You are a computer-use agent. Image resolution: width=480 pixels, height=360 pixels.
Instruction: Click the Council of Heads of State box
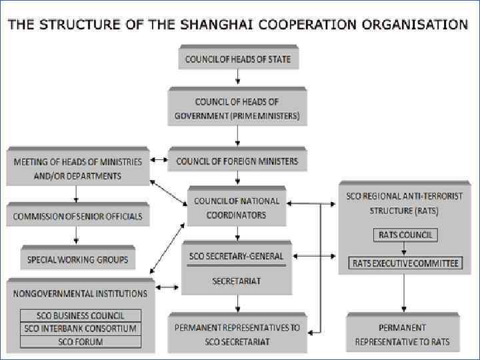pyautogui.click(x=237, y=59)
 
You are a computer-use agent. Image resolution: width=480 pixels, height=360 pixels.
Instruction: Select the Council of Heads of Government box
pyautogui.click(x=237, y=109)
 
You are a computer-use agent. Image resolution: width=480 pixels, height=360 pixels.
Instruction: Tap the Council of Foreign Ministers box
pyautogui.click(x=237, y=161)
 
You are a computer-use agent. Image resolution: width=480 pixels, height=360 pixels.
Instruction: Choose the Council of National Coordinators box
pyautogui.click(x=237, y=207)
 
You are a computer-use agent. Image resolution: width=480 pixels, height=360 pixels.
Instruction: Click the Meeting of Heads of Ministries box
pyautogui.click(x=77, y=168)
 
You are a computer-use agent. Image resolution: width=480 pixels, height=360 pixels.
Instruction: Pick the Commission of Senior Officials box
pyautogui.click(x=77, y=216)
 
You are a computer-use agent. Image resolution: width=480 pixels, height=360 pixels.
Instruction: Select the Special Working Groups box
pyautogui.click(x=77, y=259)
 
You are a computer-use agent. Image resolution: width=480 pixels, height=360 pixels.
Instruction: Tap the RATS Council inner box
pyautogui.click(x=405, y=235)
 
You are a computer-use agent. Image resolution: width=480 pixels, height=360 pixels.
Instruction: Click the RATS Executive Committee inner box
pyautogui.click(x=405, y=263)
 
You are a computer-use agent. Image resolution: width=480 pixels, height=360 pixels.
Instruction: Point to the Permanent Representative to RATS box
pyautogui.click(x=402, y=335)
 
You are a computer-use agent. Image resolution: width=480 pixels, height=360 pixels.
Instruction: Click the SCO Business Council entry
pyautogui.click(x=80, y=315)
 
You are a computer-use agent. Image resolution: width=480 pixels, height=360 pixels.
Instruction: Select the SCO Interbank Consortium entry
pyautogui.click(x=80, y=328)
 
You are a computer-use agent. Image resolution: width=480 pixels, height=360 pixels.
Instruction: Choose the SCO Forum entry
pyautogui.click(x=80, y=341)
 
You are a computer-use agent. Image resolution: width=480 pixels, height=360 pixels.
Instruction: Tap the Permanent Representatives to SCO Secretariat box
pyautogui.click(x=237, y=335)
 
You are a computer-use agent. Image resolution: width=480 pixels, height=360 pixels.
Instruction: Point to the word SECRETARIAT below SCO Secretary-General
pyautogui.click(x=237, y=281)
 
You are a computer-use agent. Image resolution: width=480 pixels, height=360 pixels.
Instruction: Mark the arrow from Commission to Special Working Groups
pyautogui.click(x=77, y=235)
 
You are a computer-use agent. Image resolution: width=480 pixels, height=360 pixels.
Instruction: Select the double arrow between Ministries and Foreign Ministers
pyautogui.click(x=159, y=161)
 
